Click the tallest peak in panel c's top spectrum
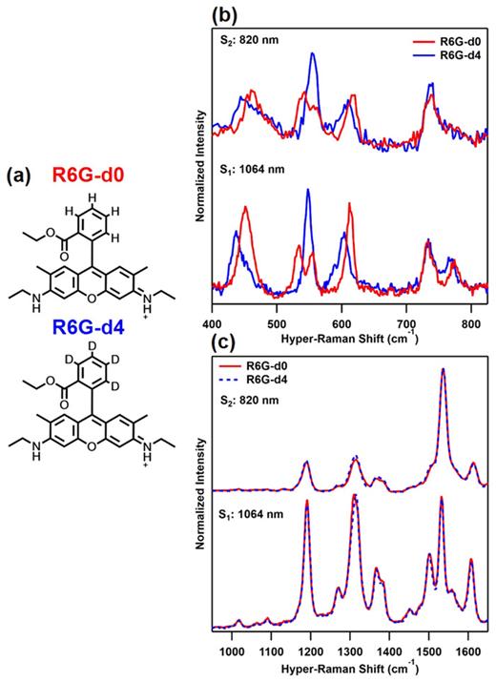(x=443, y=370)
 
